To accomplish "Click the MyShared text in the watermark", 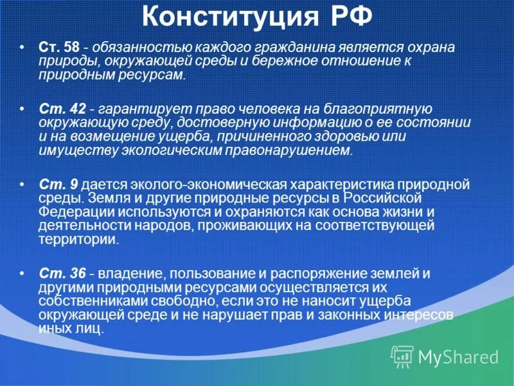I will click(458, 356).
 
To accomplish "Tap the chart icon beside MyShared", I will click(402, 356).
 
